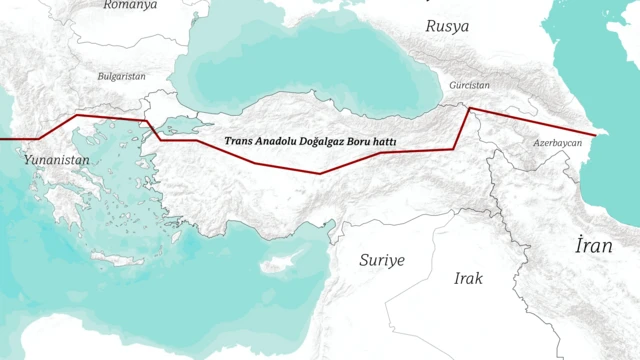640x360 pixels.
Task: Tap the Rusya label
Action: coord(447,27)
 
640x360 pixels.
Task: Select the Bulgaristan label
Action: coord(122,76)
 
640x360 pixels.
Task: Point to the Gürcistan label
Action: coord(470,86)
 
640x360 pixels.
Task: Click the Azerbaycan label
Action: coord(557,144)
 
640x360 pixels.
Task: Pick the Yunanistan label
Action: coord(57,160)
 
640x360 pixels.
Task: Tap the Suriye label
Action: coord(382,260)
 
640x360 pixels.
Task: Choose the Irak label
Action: coord(468,279)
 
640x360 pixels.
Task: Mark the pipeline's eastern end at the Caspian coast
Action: coord(595,134)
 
